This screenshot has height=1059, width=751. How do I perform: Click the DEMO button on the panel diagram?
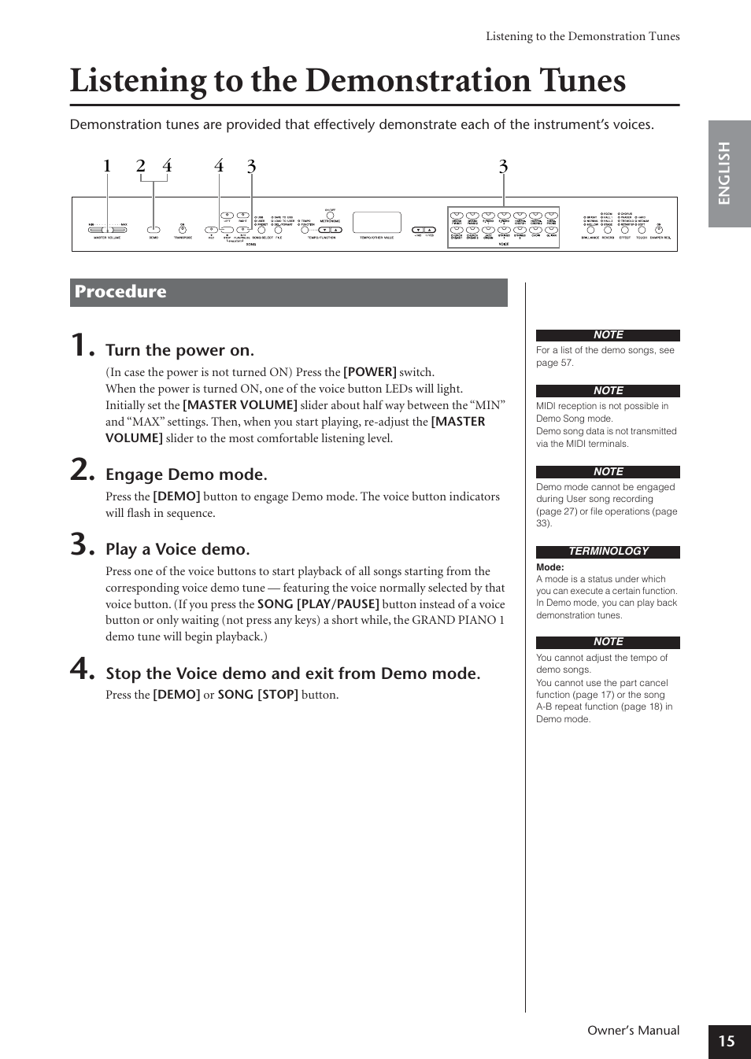[x=154, y=230]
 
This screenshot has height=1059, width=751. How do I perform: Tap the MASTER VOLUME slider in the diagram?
[x=107, y=229]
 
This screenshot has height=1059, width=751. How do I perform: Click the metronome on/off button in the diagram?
[x=330, y=215]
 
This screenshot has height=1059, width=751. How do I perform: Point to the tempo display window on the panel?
[x=377, y=222]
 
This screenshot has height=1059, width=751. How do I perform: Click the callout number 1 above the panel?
[x=107, y=166]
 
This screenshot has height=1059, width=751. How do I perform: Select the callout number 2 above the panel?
[x=141, y=166]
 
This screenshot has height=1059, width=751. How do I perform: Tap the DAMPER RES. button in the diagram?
[x=660, y=229]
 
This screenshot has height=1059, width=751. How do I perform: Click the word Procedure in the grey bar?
[x=120, y=292]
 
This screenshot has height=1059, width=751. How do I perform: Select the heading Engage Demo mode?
[x=187, y=474]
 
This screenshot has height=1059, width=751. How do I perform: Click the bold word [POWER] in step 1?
[x=370, y=372]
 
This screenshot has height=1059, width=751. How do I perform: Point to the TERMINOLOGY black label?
[x=608, y=552]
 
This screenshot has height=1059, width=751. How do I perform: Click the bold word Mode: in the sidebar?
[x=550, y=567]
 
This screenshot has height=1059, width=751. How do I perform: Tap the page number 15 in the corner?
[x=727, y=1041]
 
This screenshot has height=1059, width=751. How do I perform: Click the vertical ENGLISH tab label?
[x=725, y=173]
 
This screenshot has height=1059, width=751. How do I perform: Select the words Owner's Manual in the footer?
[x=633, y=1031]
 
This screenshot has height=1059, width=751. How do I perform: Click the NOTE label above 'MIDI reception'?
[x=608, y=391]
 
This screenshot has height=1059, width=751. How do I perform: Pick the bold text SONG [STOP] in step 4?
[x=257, y=695]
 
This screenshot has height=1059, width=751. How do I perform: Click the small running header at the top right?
[x=583, y=36]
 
